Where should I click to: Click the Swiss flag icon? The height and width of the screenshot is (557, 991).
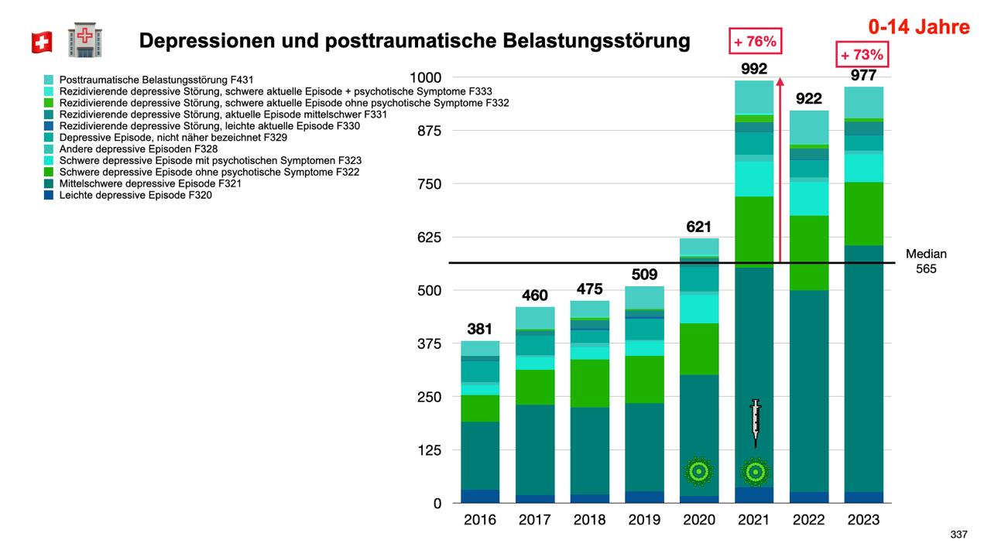pos(42,43)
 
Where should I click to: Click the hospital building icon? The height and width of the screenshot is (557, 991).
pos(85,40)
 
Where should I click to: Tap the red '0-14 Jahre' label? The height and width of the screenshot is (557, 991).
pos(918,27)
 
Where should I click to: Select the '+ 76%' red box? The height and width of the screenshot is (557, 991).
pos(756,41)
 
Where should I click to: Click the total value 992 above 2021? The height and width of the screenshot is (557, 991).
pos(754,69)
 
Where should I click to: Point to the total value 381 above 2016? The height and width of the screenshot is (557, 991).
pos(479,329)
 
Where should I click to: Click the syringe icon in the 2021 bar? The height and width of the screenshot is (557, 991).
pos(756,422)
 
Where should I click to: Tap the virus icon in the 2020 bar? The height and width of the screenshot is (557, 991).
pos(698,470)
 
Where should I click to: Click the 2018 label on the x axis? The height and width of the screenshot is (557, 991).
pos(589,520)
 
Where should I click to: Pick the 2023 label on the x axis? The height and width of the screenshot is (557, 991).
pos(863,520)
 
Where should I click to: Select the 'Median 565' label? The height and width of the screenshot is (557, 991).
pos(926,261)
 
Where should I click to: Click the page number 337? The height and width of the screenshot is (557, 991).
pos(958,535)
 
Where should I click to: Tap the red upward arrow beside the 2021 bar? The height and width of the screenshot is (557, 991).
pos(780,170)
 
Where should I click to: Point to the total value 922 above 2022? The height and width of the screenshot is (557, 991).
pos(809,99)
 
